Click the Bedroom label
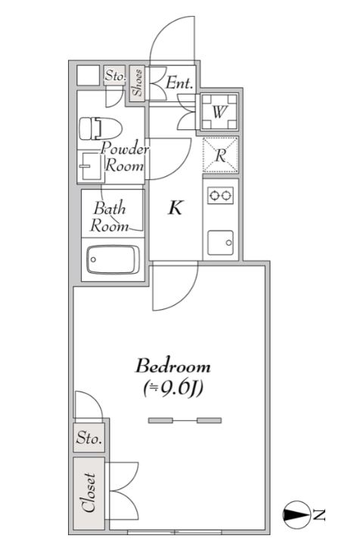pos(173,366)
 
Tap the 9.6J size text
pos(173,389)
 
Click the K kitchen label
pos(175,208)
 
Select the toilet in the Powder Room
pos(101,129)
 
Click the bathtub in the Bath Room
pos(113,259)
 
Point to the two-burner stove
pos(221,195)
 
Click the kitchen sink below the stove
pos(221,243)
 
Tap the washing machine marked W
pos(219,112)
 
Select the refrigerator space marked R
pos(221,155)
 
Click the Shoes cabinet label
pos(138,82)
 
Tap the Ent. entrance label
pos(179,83)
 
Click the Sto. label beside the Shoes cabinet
pos(115,75)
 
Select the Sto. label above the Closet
pos(89,438)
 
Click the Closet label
pos(89,493)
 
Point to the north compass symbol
pos(296,515)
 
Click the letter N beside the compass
pos(318,515)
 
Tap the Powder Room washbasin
pos(91,166)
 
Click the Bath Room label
pos(109,217)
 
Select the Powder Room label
pos(124,156)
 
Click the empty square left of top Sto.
pos(88,76)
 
